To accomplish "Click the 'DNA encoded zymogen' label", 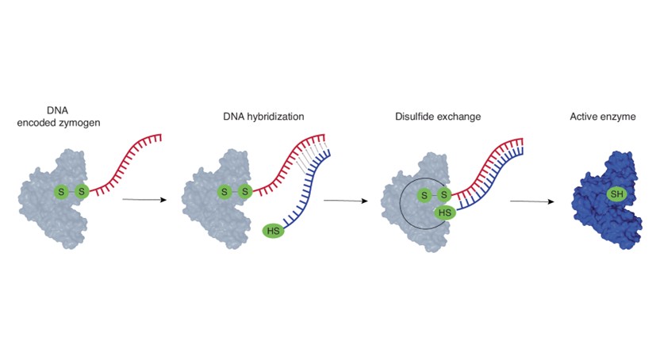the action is pos(59,117).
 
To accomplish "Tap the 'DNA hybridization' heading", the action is pos(263,117).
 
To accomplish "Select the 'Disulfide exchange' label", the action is pos(438,117).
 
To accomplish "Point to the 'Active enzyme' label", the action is pos(603,117).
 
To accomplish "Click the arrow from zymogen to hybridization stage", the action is pos(144,199).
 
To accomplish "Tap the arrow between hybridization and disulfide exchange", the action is pos(346,201).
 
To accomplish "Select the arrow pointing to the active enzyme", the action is pos(532,201).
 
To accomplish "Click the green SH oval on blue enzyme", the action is pos(616,194).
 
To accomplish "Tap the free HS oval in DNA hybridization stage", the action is pos(273,231).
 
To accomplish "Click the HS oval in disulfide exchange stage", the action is pos(445,213).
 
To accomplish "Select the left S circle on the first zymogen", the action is pos(61,192).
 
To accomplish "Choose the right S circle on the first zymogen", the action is pos(82,192).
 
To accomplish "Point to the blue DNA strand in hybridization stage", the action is pos(307,190).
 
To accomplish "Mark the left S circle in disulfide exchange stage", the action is pos(424,195).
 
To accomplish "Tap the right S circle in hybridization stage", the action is pos(244,192).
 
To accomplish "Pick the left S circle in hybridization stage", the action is pos(224,192).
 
